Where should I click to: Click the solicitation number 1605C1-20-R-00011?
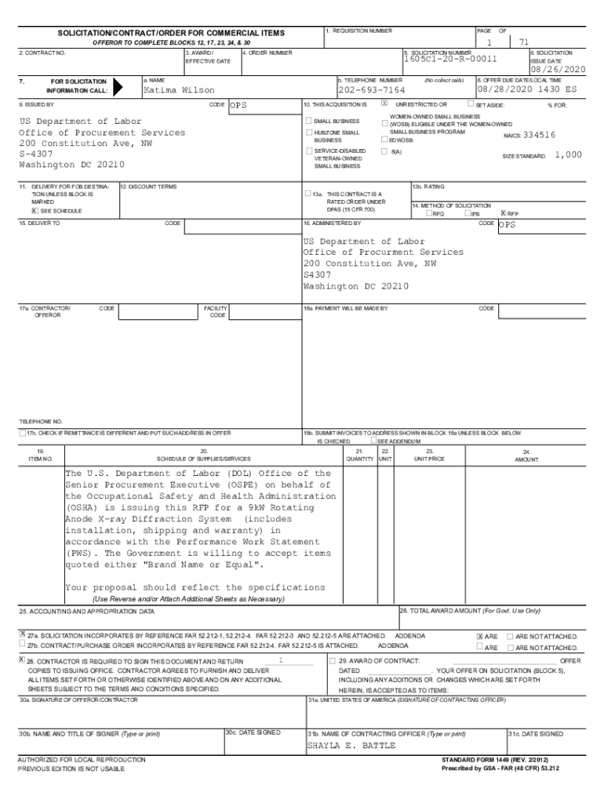[450, 59]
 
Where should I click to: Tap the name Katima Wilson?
[179, 90]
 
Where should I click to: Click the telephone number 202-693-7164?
[371, 90]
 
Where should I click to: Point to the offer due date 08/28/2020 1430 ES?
[531, 90]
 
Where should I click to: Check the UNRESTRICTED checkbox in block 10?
[384, 103]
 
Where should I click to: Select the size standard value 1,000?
[568, 155]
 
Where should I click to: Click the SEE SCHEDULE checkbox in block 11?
[35, 210]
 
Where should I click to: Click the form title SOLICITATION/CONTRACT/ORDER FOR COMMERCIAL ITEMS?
[169, 33]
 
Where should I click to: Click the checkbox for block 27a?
[22, 634]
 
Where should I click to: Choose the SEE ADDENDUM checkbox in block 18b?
[374, 441]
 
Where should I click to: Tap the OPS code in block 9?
[238, 105]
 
